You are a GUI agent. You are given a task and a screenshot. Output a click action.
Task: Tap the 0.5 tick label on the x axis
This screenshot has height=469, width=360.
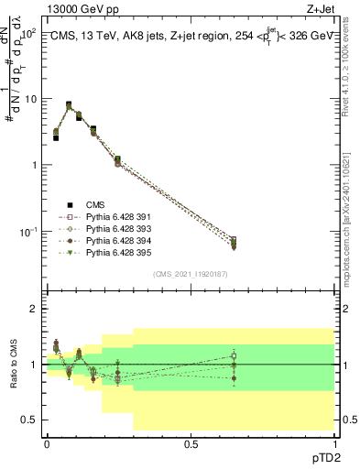tap(191, 443)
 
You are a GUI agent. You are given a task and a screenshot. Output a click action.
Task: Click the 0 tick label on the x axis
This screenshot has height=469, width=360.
tap(47, 443)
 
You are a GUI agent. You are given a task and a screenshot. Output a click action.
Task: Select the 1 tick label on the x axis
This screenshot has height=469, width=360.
tap(334, 443)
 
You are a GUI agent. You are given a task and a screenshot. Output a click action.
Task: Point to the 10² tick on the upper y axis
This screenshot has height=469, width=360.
tap(29, 33)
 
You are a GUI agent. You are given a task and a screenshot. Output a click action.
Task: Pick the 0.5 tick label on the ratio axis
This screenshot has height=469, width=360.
tap(29, 420)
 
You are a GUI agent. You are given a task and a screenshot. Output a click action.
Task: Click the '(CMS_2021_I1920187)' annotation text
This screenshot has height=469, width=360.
tap(191, 273)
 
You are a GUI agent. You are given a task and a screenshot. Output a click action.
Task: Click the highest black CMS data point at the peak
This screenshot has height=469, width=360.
tap(69, 104)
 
